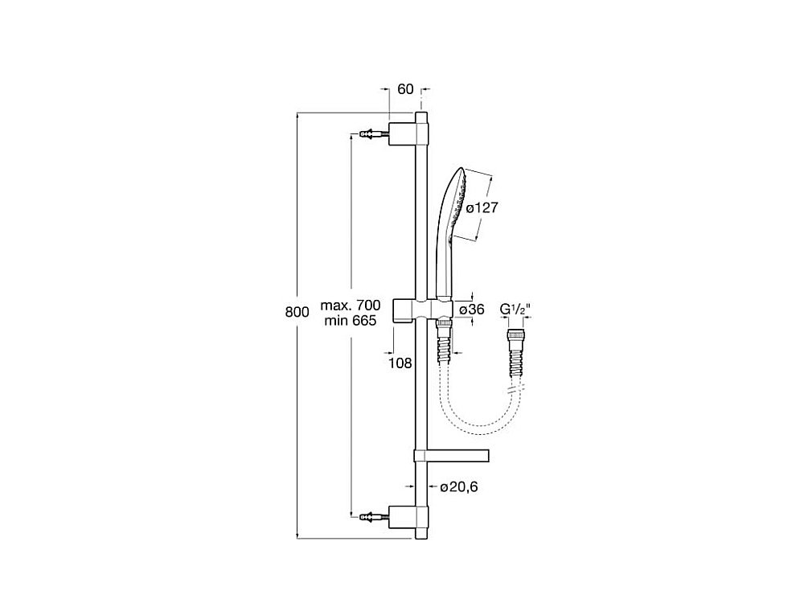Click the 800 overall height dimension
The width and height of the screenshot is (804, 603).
297,314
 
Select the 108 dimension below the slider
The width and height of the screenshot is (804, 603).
401,363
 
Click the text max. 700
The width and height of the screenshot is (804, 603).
350,306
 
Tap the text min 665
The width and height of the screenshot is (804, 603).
350,321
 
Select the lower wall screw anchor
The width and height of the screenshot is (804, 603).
371,512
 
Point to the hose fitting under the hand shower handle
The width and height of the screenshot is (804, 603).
442,325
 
